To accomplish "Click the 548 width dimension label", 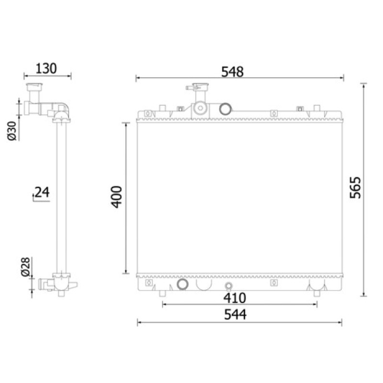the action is click(232, 72).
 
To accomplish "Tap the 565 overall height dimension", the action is click(355, 188).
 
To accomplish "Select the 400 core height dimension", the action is click(116, 197).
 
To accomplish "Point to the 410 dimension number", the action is click(235, 298).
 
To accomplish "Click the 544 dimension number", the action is click(235, 315).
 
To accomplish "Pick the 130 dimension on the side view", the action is click(46, 68).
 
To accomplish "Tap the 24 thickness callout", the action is click(42, 192).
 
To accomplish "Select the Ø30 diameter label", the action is click(12, 131).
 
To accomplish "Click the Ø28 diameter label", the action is click(26, 267).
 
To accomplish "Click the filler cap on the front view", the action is click(200, 87).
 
